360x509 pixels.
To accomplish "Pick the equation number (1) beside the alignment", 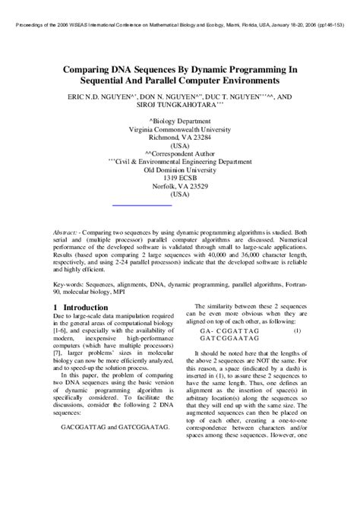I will (297, 330).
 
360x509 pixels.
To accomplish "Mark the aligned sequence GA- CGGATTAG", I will (229, 331).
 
